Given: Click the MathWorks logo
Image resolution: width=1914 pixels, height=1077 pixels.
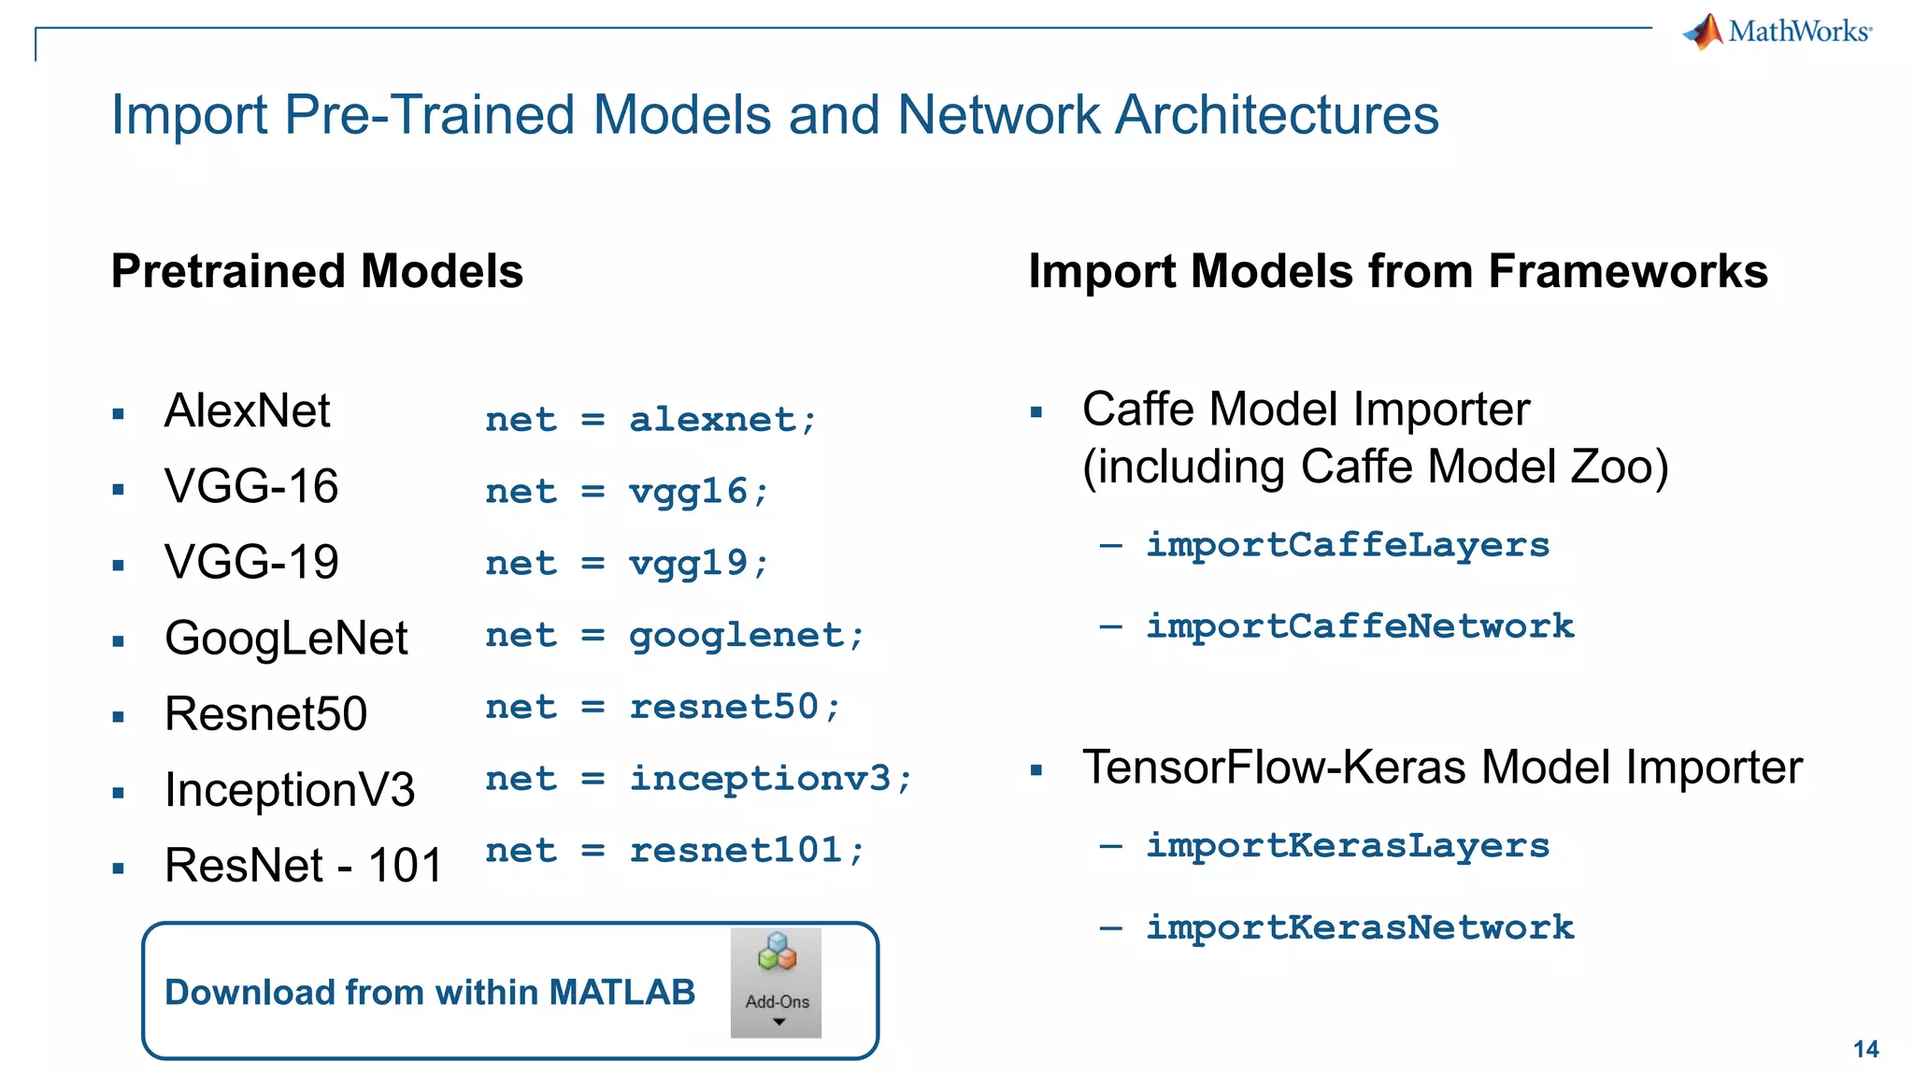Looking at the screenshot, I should click(x=1778, y=32).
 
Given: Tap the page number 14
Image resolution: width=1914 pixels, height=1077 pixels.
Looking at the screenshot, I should click(x=1865, y=1049).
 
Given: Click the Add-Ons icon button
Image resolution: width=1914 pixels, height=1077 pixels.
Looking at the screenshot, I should click(x=777, y=982).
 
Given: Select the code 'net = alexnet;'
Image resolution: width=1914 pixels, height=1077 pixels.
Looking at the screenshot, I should click(x=650, y=420).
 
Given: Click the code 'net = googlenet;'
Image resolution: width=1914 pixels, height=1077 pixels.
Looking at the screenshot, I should click(x=675, y=636).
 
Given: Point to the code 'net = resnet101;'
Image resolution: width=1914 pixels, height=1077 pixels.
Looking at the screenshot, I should click(x=675, y=851).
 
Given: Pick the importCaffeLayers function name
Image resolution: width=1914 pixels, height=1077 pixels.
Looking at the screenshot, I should click(x=1347, y=545).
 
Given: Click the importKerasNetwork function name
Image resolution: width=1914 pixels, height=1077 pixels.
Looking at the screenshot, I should click(x=1359, y=927).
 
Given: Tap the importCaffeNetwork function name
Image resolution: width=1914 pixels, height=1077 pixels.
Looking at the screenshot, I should click(x=1359, y=626).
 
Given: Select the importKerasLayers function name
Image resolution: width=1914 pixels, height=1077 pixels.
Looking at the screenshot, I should click(x=1347, y=846).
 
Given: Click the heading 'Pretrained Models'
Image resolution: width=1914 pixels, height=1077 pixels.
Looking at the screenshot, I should click(x=317, y=272).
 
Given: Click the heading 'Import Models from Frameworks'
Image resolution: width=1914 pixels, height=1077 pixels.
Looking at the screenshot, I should click(x=1397, y=272).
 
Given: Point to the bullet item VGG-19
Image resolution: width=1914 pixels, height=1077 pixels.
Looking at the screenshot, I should click(x=250, y=562).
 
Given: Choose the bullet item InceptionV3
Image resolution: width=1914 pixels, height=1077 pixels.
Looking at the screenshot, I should click(x=289, y=789).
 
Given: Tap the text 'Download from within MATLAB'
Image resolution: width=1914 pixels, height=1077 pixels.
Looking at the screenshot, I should click(x=430, y=992).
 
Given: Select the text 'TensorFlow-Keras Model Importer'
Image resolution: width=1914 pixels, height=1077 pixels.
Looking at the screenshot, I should click(x=1441, y=768).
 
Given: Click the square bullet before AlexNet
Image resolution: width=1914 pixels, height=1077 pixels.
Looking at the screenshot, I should click(x=119, y=414).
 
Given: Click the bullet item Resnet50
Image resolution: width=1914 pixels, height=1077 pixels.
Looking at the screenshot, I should click(x=265, y=714).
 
